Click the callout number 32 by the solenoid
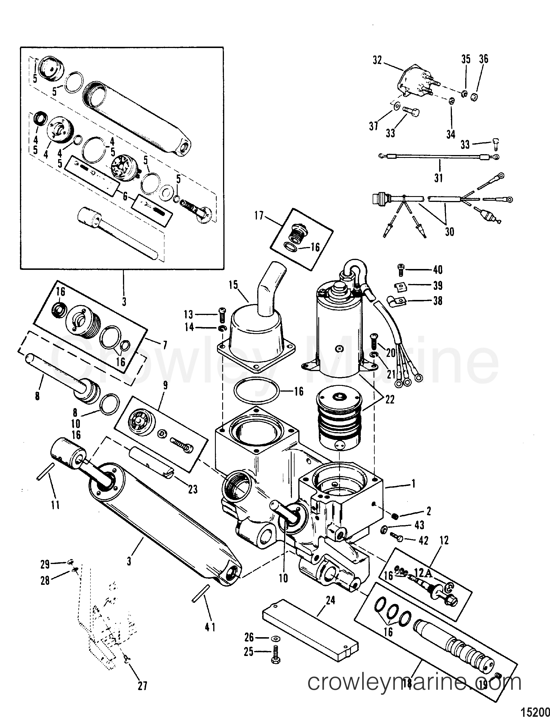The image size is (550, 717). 377,60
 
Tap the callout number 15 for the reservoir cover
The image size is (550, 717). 233,285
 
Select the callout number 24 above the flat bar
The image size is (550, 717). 330,600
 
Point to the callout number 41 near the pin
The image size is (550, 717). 210,627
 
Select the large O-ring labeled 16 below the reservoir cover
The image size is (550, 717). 256,391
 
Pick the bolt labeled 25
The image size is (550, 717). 275,653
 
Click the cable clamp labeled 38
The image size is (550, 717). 395,300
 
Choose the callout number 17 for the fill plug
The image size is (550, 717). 259,216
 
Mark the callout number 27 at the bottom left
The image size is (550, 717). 142,685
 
